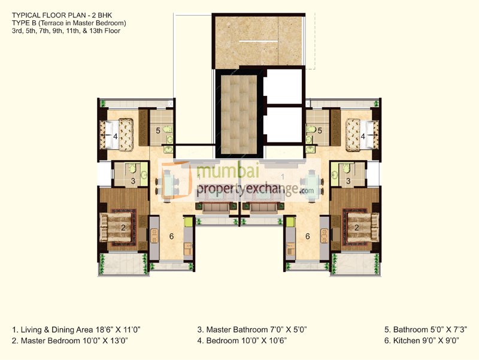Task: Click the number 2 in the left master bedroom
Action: [x=123, y=228]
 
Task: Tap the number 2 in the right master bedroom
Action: [x=356, y=228]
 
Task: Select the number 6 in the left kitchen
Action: [x=171, y=237]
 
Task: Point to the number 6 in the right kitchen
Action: [x=308, y=237]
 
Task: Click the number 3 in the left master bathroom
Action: [x=133, y=181]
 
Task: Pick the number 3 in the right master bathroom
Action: [x=348, y=181]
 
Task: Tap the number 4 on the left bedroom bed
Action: [x=116, y=137]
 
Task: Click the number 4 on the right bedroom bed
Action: [x=363, y=137]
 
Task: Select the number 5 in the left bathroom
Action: [x=158, y=130]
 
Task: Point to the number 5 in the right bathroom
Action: [x=320, y=130]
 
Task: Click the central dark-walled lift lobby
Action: [x=238, y=114]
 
